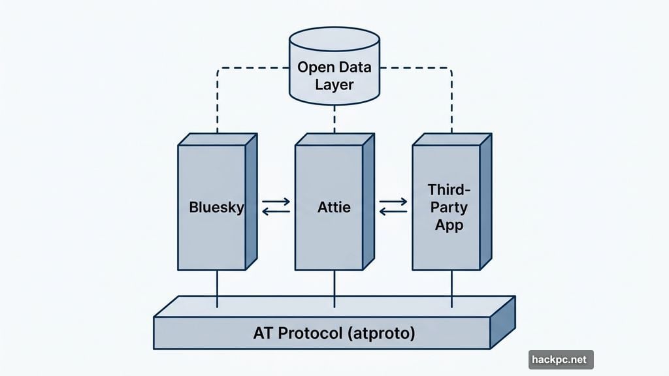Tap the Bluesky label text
(216, 208)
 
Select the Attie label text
(334, 208)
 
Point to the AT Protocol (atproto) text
(334, 333)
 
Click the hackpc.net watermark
(561, 360)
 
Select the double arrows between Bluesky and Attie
(275, 208)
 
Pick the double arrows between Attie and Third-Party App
(393, 208)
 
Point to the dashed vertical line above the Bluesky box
(217, 104)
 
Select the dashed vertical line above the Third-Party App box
(451, 104)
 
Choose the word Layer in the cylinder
(334, 84)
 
